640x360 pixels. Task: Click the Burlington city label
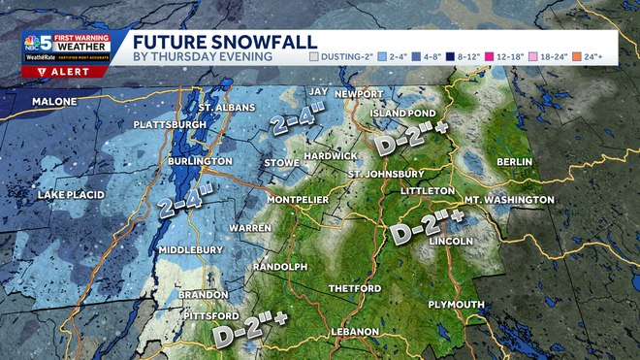point(203,161)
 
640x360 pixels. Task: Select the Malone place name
point(54,102)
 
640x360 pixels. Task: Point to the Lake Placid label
point(71,196)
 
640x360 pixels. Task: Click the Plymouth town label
point(456,305)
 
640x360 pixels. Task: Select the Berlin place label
point(515,161)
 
